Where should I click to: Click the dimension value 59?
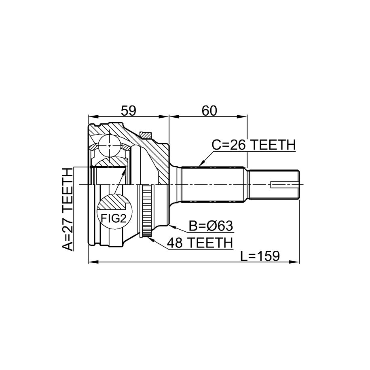(128, 111)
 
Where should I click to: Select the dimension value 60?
(209, 111)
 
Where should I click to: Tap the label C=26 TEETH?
(254, 145)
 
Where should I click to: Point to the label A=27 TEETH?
(67, 209)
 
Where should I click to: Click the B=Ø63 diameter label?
(211, 226)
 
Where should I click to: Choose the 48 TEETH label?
(200, 243)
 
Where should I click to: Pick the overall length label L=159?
(260, 256)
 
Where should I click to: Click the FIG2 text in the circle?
(114, 218)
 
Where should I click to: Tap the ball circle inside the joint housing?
(110, 146)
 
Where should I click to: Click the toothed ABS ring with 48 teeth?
(147, 211)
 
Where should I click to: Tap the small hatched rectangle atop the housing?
(145, 135)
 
